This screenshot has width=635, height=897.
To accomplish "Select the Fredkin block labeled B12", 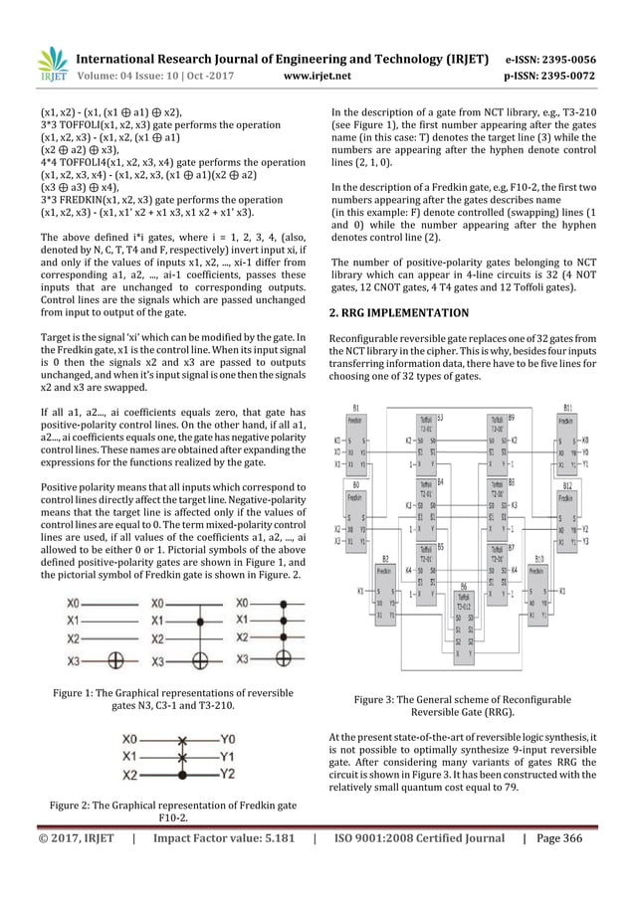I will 568,522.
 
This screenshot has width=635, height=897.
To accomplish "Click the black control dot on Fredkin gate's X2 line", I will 180,773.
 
